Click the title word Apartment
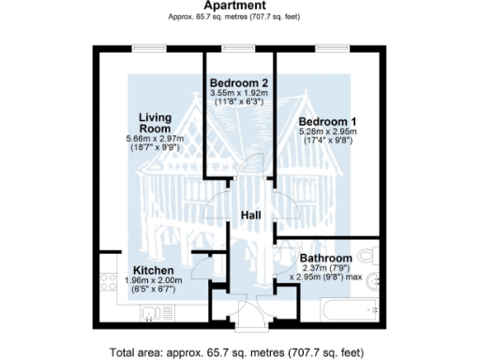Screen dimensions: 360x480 [239, 6]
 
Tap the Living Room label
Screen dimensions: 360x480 [155, 122]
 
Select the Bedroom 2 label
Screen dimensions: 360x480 [239, 82]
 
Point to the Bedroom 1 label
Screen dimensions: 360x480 [327, 122]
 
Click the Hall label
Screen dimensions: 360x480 [250, 216]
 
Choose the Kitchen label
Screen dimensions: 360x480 [154, 270]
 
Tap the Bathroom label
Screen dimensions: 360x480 [325, 258]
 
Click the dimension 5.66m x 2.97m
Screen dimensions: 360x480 [155, 140]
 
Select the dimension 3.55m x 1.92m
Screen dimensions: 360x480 [239, 94]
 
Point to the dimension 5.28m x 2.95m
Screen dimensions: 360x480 [327, 134]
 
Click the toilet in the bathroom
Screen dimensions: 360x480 [368, 254]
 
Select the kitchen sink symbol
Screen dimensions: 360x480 [151, 314]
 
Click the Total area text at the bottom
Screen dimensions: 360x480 [240, 353]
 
